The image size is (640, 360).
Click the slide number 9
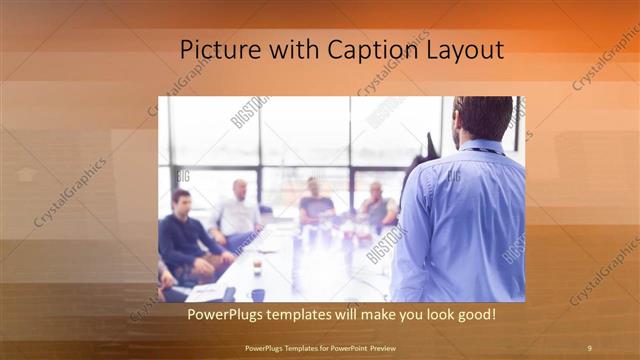pos(589,347)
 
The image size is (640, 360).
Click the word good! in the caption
pos(474,314)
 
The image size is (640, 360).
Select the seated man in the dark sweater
pos(185,240)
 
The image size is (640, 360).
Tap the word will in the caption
pos(350,314)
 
